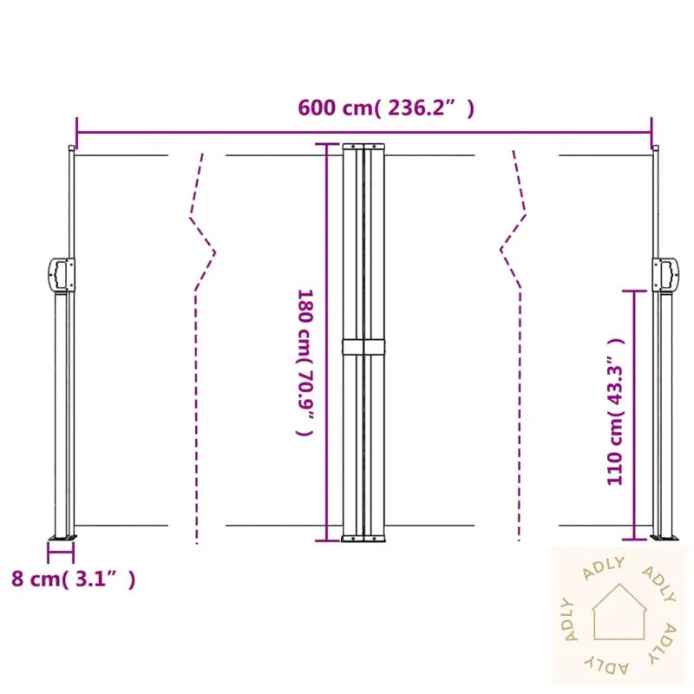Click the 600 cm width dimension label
click(386, 108)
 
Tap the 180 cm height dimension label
click(305, 363)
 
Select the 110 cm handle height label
click(615, 411)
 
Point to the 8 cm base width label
click(74, 579)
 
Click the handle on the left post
click(61, 275)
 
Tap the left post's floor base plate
click(62, 538)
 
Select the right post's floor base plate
click(664, 538)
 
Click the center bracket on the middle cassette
click(363, 347)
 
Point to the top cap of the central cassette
click(363, 146)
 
